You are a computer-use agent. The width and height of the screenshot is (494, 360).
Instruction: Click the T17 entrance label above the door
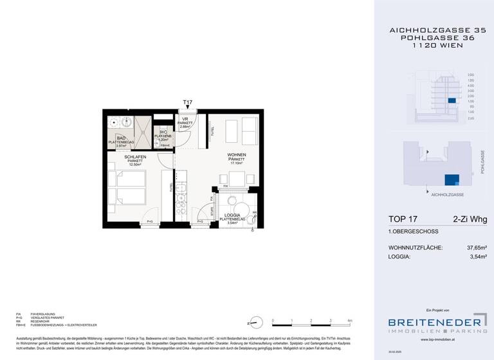(x=188, y=102)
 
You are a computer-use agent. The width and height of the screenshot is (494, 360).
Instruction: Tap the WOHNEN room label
(x=237, y=156)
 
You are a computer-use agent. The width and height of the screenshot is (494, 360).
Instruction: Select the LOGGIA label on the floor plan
(x=232, y=215)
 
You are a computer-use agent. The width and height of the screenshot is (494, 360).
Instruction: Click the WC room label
(x=163, y=132)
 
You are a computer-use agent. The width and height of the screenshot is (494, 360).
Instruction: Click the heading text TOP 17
(x=406, y=220)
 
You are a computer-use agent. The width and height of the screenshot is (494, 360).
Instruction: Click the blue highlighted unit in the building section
(x=452, y=101)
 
